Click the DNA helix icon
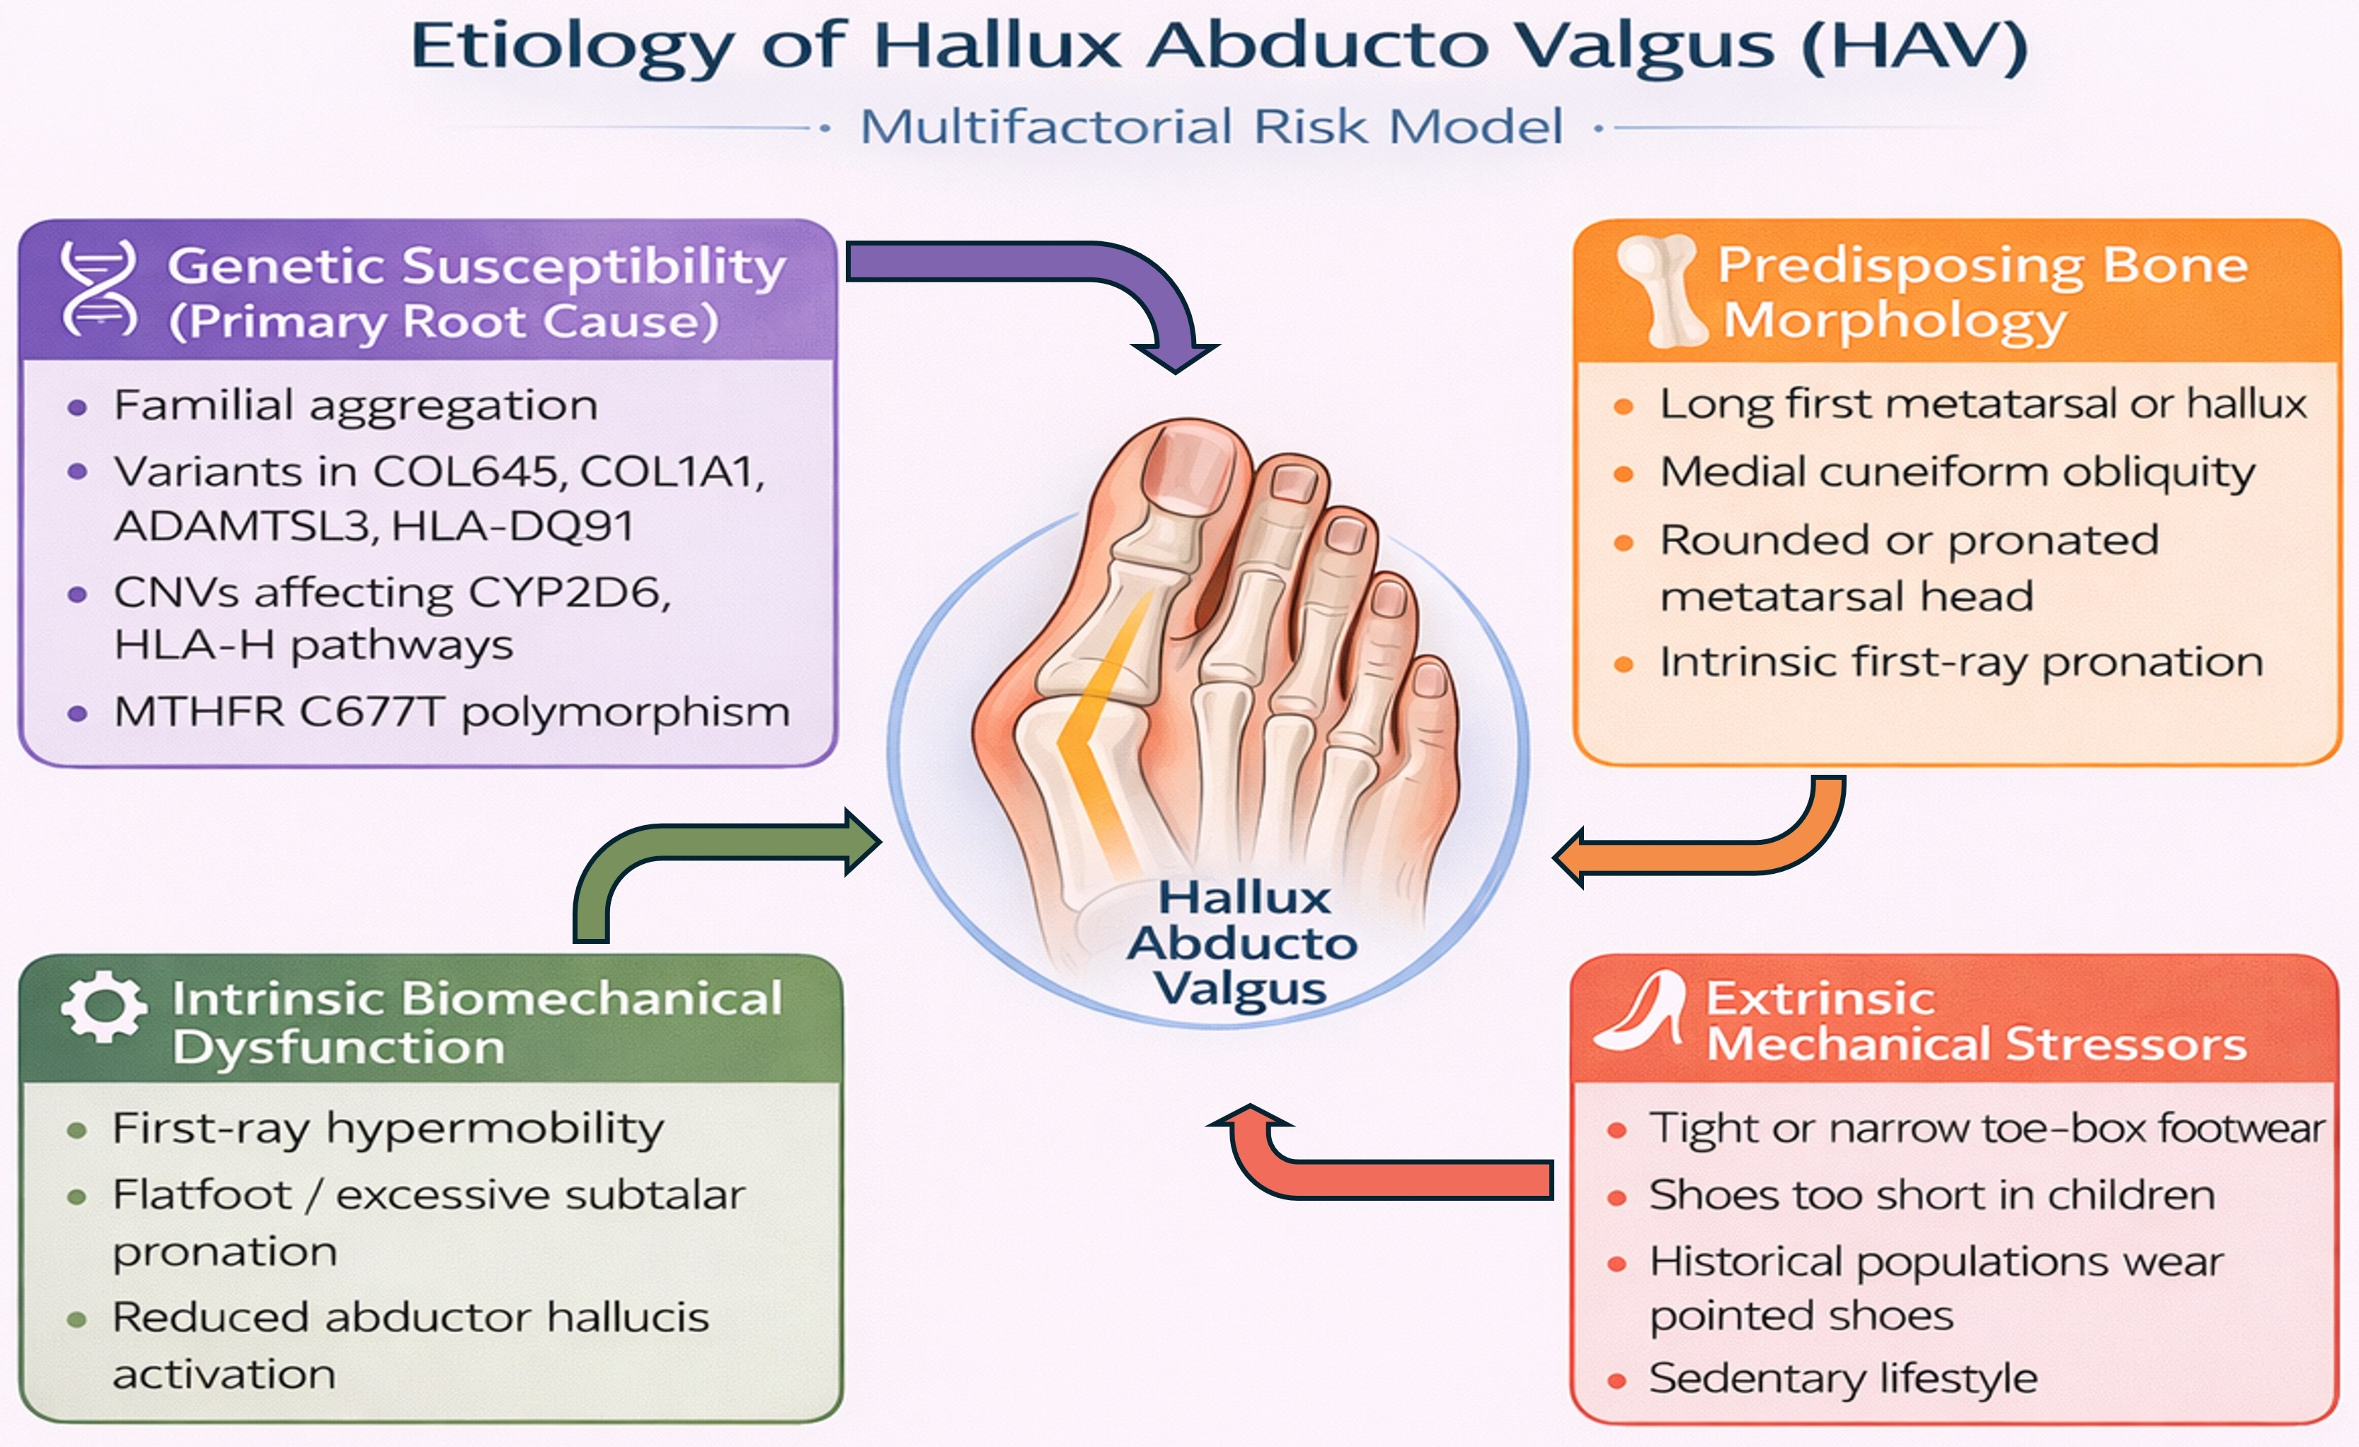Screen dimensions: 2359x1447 click(98, 289)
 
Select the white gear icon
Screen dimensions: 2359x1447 click(103, 1007)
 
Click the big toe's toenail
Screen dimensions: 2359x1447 click(1186, 470)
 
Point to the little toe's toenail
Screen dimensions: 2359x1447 click(1430, 679)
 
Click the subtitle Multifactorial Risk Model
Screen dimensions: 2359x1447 click(1211, 127)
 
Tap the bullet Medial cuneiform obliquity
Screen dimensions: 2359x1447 click(1957, 473)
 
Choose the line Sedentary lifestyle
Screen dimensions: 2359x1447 click(1843, 1379)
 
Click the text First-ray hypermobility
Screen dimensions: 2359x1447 click(388, 1129)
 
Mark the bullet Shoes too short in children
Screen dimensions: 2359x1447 click(1932, 1195)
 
